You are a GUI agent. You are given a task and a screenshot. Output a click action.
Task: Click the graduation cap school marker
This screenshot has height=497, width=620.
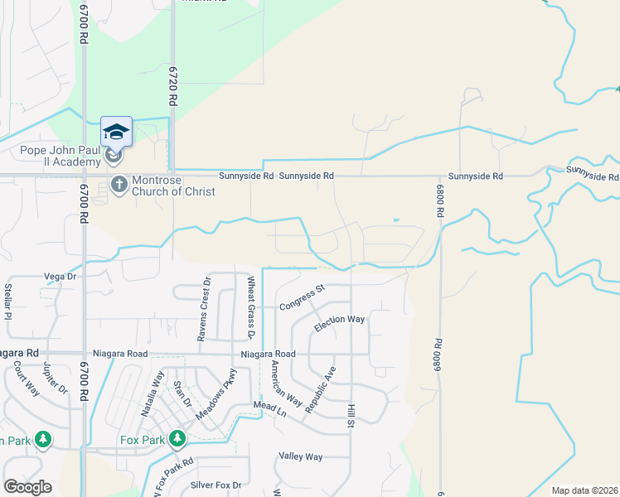pyautogui.click(x=116, y=132)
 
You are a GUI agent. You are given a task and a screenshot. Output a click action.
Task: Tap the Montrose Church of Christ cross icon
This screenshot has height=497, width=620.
pyautogui.click(x=119, y=183)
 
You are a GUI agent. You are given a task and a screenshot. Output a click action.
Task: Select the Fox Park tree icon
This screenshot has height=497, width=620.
pyautogui.click(x=177, y=438)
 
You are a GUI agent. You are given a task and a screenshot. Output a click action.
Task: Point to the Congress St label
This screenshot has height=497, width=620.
pyautogui.click(x=302, y=298)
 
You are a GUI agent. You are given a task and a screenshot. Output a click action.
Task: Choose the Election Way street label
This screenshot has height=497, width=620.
pyautogui.click(x=339, y=324)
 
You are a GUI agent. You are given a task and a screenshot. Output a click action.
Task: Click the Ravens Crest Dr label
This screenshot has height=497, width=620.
pyautogui.click(x=204, y=308)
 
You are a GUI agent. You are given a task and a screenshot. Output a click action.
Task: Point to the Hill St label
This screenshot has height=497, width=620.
pyautogui.click(x=351, y=417)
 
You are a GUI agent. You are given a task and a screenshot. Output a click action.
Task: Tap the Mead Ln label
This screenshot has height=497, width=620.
pyautogui.click(x=269, y=410)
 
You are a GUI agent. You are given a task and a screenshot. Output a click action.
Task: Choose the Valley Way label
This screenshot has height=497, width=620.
pyautogui.click(x=300, y=456)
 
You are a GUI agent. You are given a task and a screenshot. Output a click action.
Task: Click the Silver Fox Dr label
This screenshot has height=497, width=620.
pyautogui.click(x=216, y=485)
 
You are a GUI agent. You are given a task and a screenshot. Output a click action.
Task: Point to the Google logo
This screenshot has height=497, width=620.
pyautogui.click(x=27, y=487)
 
